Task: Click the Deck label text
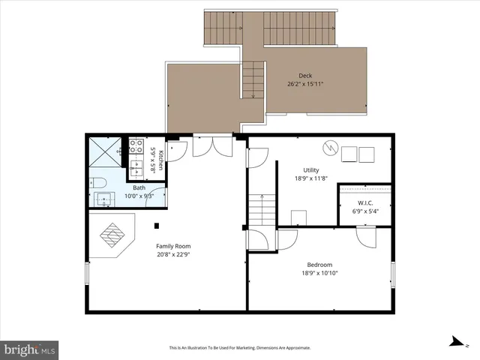305,75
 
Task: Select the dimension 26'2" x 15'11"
305,84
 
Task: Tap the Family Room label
173,246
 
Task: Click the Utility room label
311,169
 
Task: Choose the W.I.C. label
365,202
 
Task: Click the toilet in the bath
98,181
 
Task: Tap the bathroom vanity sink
104,199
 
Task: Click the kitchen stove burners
137,145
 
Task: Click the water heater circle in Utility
330,147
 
